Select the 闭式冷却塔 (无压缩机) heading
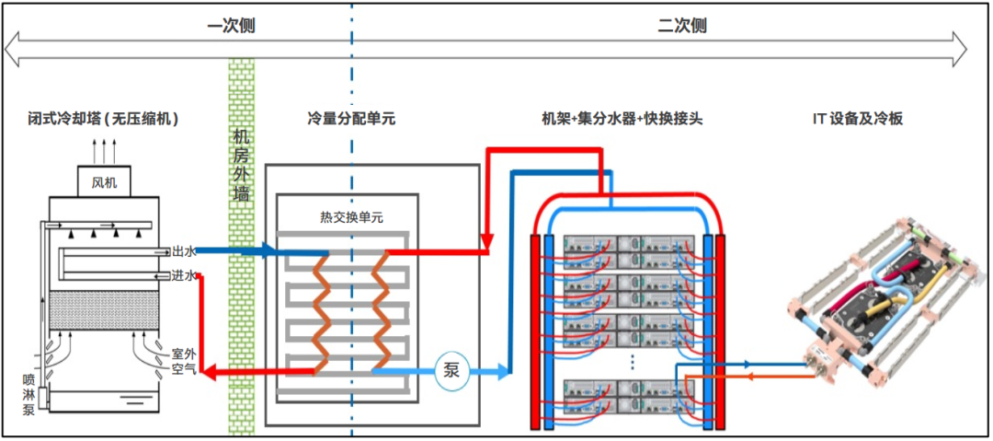click(103, 119)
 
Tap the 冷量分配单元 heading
click(351, 119)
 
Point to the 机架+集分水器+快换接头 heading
click(622, 119)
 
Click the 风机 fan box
click(104, 181)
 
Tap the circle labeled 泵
click(451, 372)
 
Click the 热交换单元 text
click(350, 218)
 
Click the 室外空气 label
click(184, 361)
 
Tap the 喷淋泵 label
click(29, 394)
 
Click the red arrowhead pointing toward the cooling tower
click(209, 373)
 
